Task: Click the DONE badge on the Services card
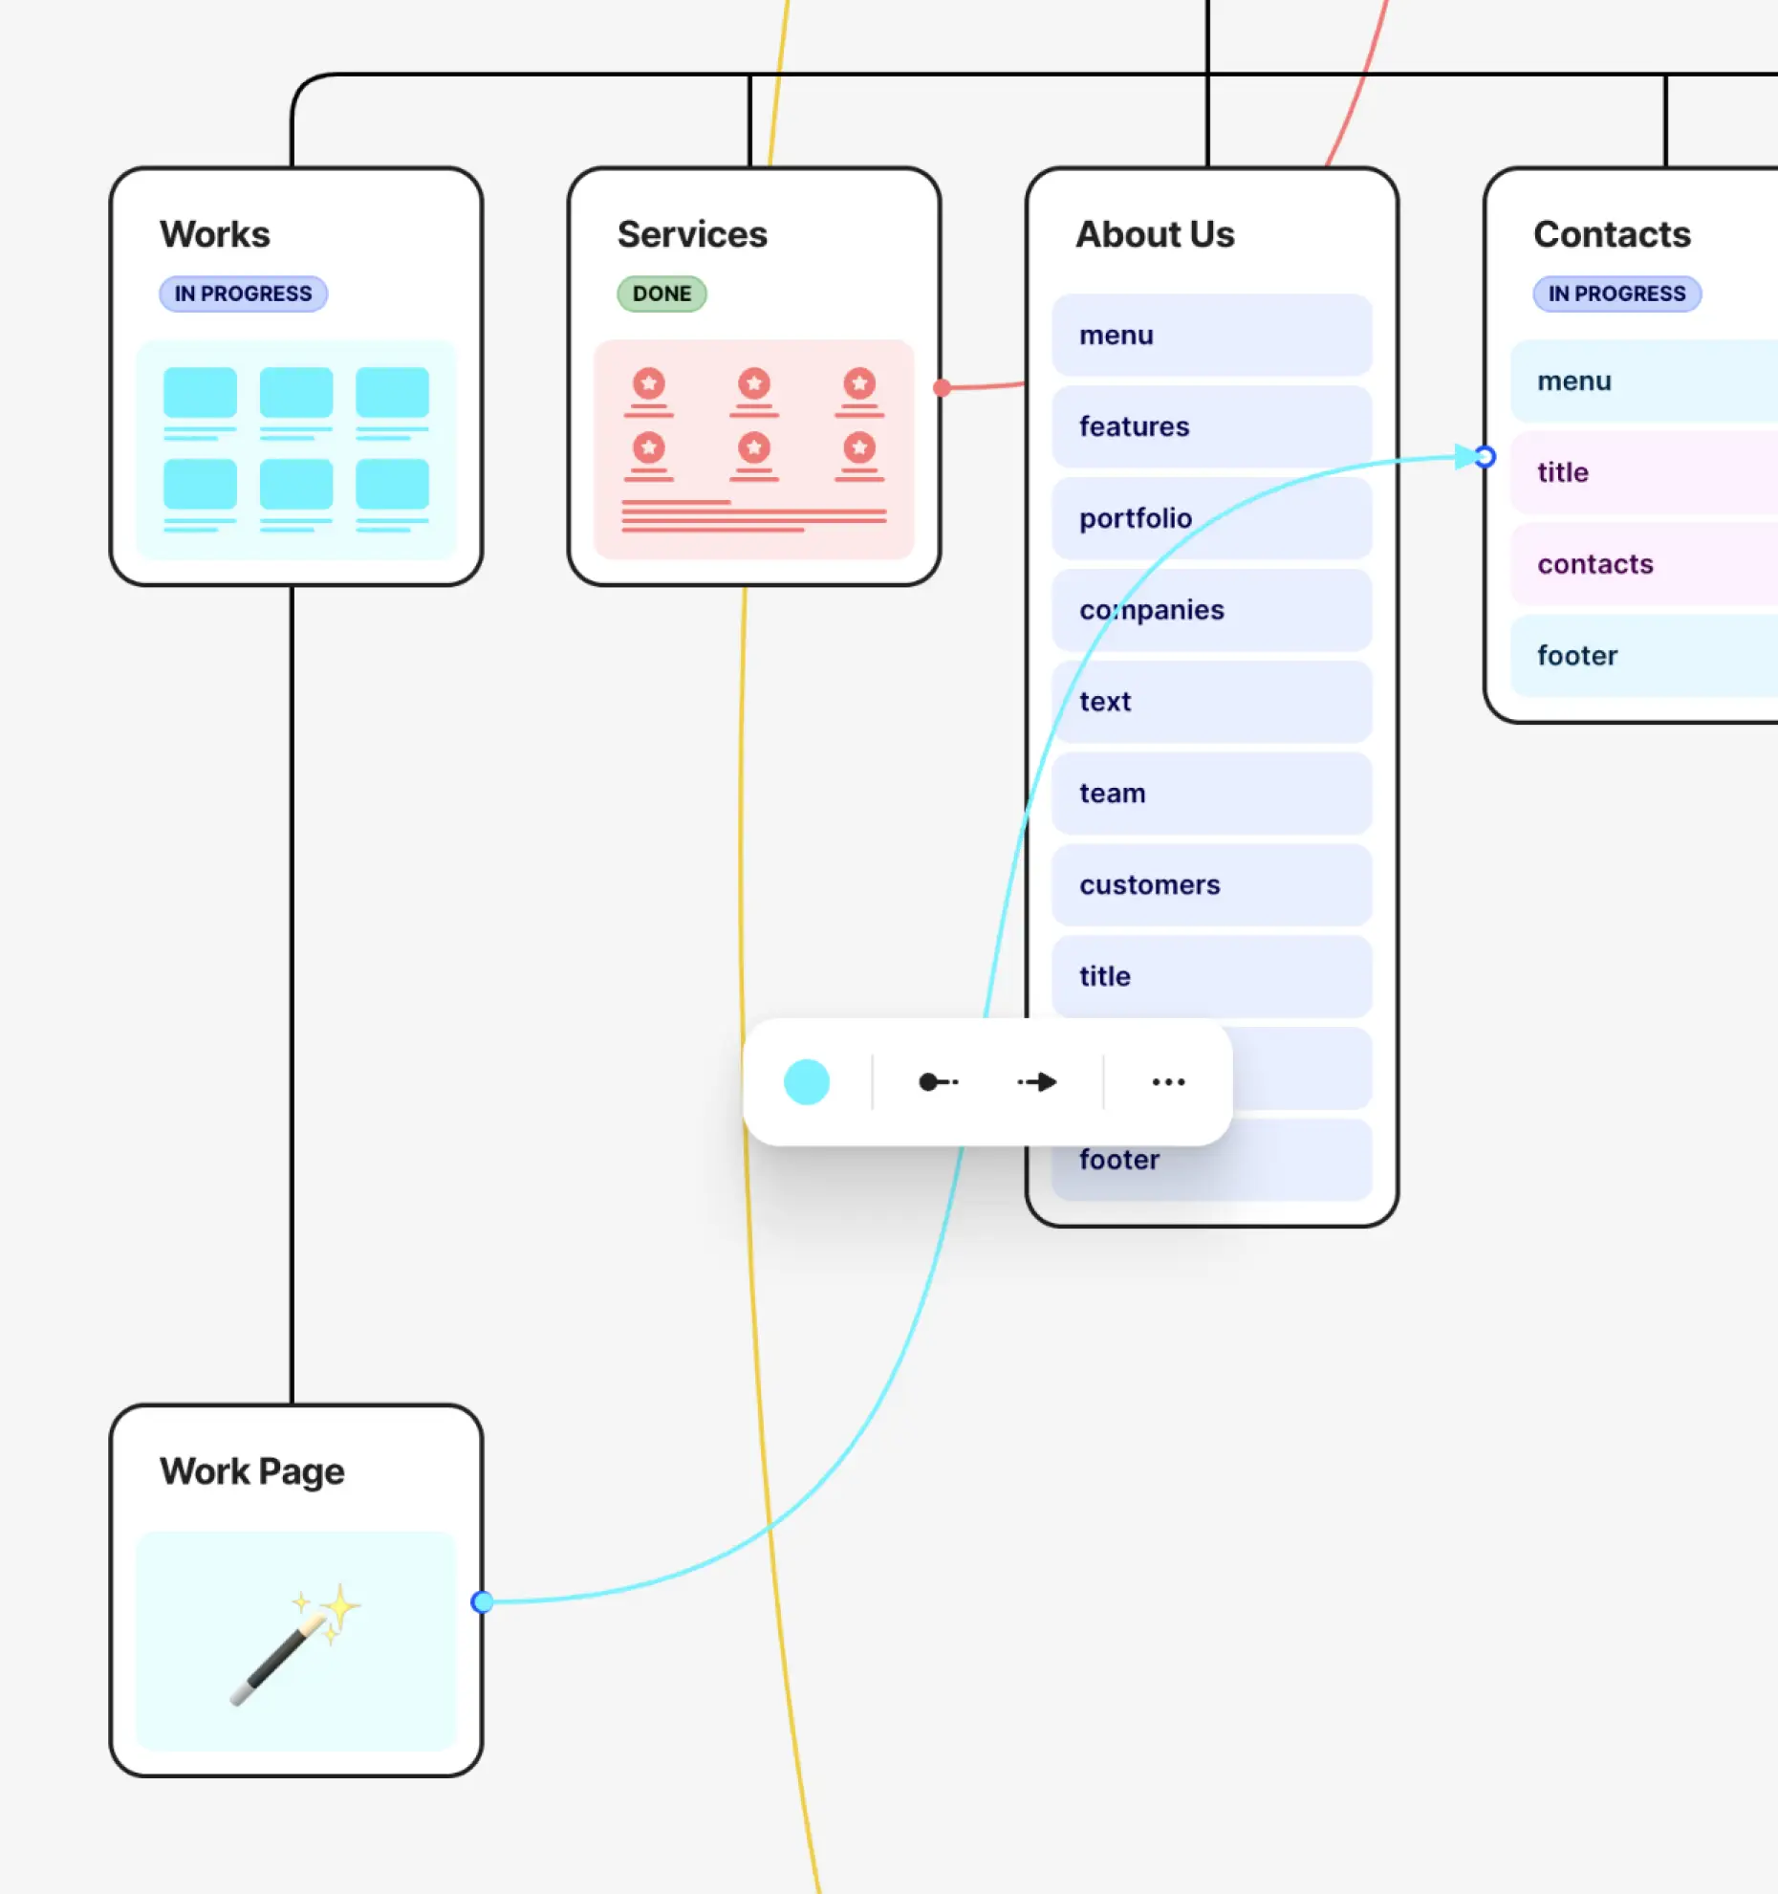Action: point(661,294)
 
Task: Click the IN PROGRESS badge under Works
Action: point(243,294)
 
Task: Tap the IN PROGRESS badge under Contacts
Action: point(1616,294)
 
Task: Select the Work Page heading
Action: point(252,1471)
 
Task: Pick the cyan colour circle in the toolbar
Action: point(806,1082)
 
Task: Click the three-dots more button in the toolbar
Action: point(1168,1082)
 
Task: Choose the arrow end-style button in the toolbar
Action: point(1037,1082)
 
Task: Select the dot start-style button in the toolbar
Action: point(938,1082)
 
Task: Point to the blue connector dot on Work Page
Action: point(483,1601)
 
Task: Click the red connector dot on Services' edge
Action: point(943,387)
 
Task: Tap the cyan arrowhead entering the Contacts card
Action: point(1465,457)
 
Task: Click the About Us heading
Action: point(1155,234)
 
